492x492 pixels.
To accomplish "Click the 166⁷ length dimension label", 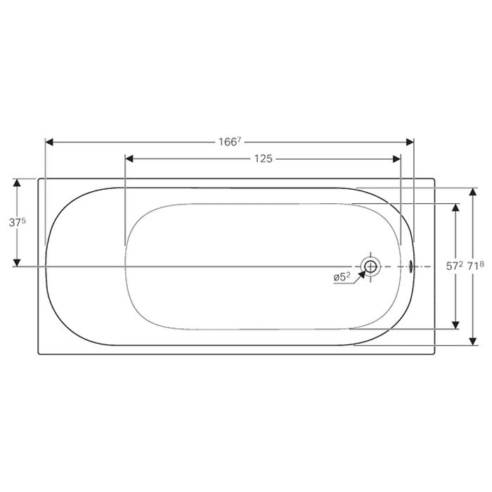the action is tap(230, 142).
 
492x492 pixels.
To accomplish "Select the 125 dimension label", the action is tap(264, 159).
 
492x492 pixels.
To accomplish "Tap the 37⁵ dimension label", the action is tap(18, 223).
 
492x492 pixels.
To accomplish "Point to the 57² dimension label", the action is tap(455, 266).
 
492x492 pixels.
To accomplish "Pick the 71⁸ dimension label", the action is tap(476, 266).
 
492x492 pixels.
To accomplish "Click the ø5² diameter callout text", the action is tap(342, 277).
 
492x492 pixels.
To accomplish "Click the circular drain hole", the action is tap(370, 266).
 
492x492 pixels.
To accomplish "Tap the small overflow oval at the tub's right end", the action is tap(410, 266).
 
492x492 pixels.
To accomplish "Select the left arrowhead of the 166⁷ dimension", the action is tap(50, 142).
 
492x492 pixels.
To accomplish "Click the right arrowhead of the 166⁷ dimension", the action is tap(410, 142).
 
